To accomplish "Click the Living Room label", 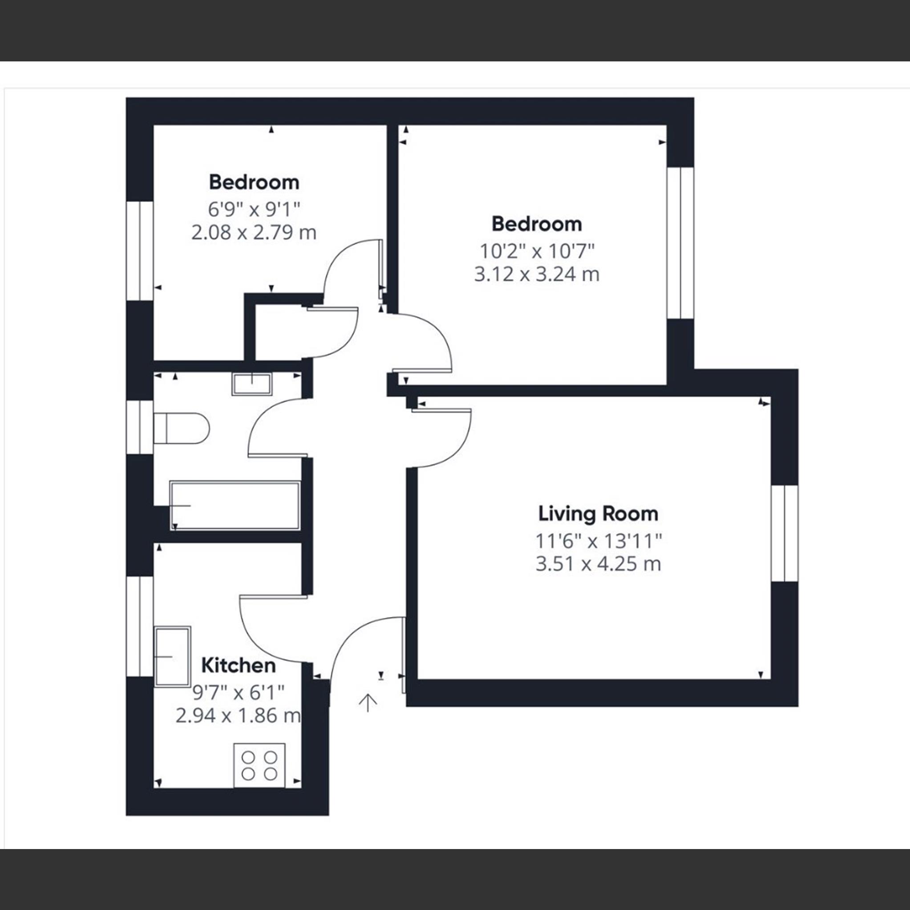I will pyautogui.click(x=598, y=514).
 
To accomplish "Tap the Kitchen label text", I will pyautogui.click(x=239, y=666).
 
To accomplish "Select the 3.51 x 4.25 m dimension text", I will pyautogui.click(x=598, y=564).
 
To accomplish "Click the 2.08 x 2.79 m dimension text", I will pyautogui.click(x=254, y=233).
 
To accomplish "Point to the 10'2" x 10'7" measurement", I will pyautogui.click(x=537, y=251).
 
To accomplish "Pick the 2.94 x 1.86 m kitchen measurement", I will pyautogui.click(x=238, y=716).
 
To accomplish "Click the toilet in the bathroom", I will pyautogui.click(x=182, y=428).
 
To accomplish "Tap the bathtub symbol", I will pyautogui.click(x=235, y=506).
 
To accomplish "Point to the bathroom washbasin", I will pyautogui.click(x=252, y=384).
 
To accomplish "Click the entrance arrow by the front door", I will pyautogui.click(x=368, y=702).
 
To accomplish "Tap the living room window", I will pyautogui.click(x=785, y=533).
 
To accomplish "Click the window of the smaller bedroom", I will pyautogui.click(x=140, y=251).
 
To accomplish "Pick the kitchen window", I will pyautogui.click(x=140, y=626).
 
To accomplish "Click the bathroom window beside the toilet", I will pyautogui.click(x=140, y=427).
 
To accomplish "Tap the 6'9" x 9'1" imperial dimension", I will pyautogui.click(x=254, y=209).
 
